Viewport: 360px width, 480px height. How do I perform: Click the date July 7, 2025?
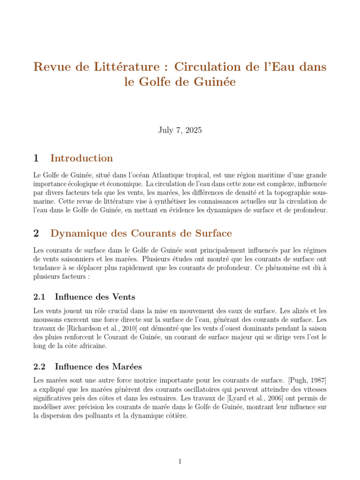(180, 130)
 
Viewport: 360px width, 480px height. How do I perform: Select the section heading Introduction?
(82, 158)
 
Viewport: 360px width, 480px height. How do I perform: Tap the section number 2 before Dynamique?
(36, 233)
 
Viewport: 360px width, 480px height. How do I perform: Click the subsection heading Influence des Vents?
(95, 297)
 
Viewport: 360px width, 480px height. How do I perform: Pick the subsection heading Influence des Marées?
(98, 367)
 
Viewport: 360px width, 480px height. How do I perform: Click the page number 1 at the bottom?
(180, 462)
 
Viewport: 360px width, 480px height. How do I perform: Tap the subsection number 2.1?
(39, 297)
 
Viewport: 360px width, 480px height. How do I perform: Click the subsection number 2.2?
(39, 367)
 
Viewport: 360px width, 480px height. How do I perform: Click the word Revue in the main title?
(51, 67)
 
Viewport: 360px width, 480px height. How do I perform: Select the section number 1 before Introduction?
(36, 158)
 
